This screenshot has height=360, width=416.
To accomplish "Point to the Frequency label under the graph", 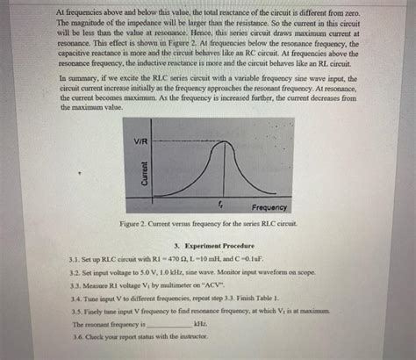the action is coord(262,207).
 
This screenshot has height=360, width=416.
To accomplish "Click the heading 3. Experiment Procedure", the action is coord(209,247).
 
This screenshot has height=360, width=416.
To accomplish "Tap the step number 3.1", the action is coord(61,261).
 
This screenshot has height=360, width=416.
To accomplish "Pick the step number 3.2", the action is coord(61,273).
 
